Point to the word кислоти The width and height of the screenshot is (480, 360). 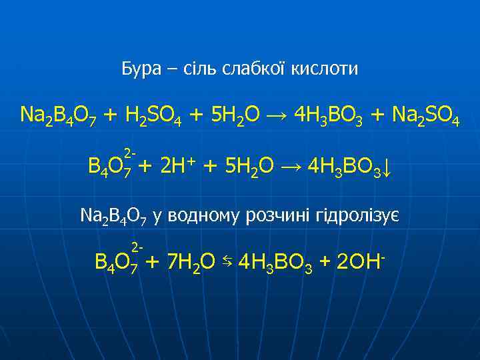[x=325, y=68]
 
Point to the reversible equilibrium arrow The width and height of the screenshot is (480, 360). [x=227, y=261]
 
